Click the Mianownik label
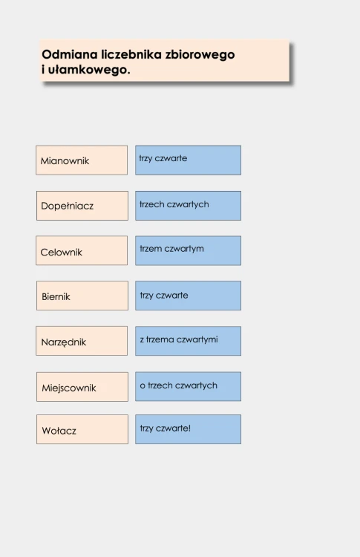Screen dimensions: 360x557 pyautogui.click(x=65, y=160)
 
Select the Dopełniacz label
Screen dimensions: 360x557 pyautogui.click(x=67, y=206)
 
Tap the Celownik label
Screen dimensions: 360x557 pyautogui.click(x=61, y=253)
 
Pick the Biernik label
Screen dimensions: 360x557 pyautogui.click(x=56, y=296)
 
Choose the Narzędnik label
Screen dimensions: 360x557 pyautogui.click(x=64, y=342)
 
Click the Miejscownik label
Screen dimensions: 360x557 pyautogui.click(x=69, y=388)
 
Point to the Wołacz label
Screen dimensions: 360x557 pyautogui.click(x=59, y=431)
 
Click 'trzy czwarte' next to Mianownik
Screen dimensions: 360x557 pyautogui.click(x=163, y=158)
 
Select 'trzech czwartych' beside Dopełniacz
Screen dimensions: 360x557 pyautogui.click(x=174, y=204)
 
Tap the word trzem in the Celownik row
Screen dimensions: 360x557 pyautogui.click(x=151, y=249)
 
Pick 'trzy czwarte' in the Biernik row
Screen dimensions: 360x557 pyautogui.click(x=164, y=295)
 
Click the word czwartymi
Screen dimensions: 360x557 pyautogui.click(x=197, y=339)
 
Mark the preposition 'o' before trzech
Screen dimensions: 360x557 pyautogui.click(x=143, y=385)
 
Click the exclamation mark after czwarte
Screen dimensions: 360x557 pyautogui.click(x=189, y=428)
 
